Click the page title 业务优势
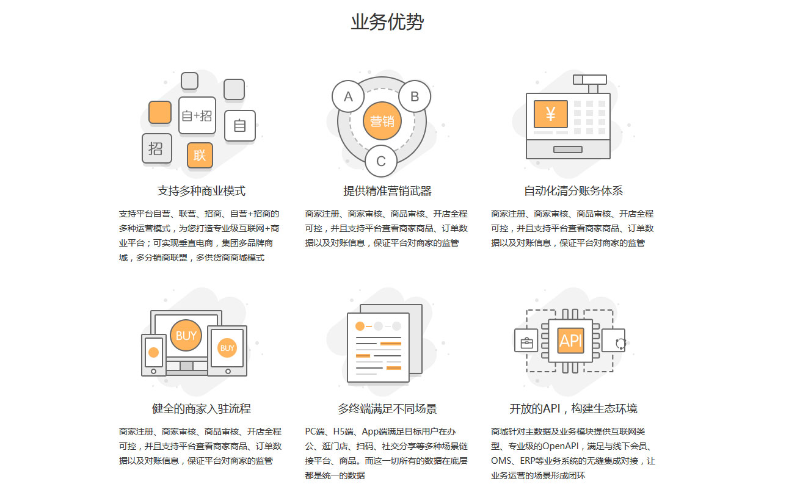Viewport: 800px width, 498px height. coord(387,22)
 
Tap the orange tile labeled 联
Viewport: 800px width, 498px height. coord(200,155)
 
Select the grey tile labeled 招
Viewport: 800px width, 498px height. coord(157,148)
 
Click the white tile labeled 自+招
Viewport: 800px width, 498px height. coord(197,115)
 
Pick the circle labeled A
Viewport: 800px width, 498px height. coord(348,96)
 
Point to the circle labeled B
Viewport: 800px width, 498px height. coord(415,96)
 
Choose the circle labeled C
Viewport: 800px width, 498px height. coord(381,161)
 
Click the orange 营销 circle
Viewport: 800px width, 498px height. coord(382,121)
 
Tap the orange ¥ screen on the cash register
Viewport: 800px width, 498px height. coord(551,114)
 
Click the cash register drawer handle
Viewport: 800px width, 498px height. coord(568,150)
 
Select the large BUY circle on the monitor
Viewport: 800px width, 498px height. coord(186,335)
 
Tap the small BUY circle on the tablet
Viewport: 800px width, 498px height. coord(227,348)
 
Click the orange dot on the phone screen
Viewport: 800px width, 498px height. coord(153,352)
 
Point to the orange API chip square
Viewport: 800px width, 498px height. coord(571,341)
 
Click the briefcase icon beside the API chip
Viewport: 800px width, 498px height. coord(526,343)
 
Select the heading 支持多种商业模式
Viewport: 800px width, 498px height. coord(202,191)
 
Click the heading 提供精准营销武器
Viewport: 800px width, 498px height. coord(387,191)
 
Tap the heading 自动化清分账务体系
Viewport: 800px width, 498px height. coord(573,191)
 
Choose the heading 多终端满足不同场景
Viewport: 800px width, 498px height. coord(387,409)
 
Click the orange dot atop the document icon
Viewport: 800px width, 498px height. coord(360,326)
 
